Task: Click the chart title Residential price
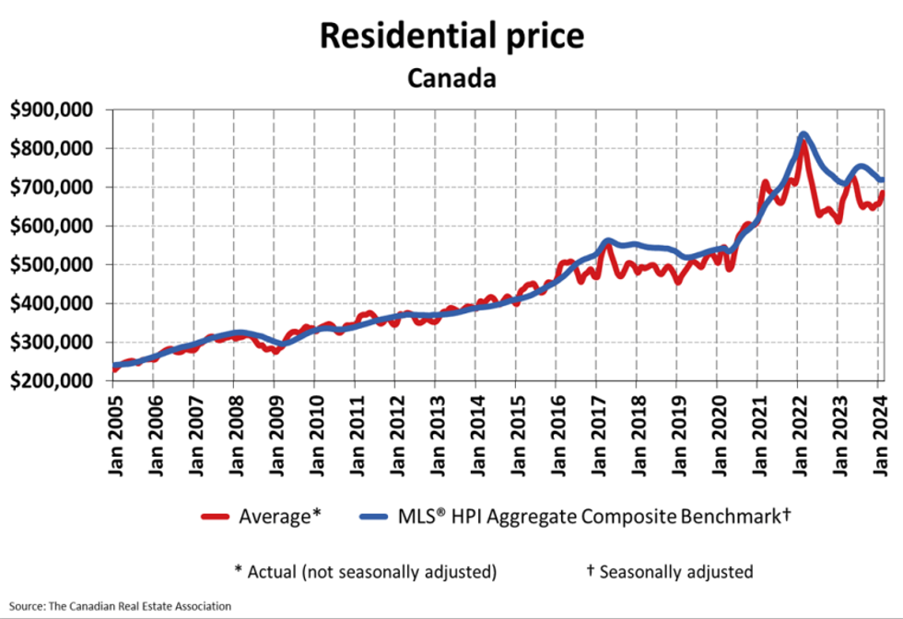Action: tap(451, 35)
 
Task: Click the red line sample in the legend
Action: tap(218, 518)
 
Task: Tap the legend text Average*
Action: tap(279, 518)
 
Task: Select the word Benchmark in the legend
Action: tap(733, 518)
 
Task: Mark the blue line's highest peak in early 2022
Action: tap(803, 134)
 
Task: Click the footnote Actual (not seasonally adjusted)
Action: tap(366, 571)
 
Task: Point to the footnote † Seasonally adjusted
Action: tap(670, 571)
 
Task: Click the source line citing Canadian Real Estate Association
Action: tap(120, 605)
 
